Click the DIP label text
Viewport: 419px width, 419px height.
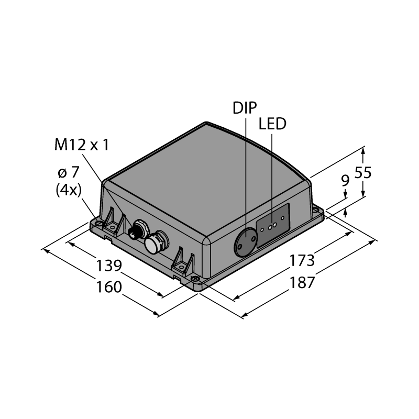tap(245, 108)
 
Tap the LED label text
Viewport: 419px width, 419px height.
tap(272, 124)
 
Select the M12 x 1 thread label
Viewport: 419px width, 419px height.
tap(82, 145)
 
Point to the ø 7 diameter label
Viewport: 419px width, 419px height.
tap(69, 173)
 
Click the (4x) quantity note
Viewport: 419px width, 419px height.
tap(69, 190)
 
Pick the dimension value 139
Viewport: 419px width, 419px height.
tap(109, 266)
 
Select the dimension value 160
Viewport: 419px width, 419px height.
tap(109, 287)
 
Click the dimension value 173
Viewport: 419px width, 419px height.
tap(302, 260)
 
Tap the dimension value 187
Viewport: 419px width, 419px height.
tap(302, 282)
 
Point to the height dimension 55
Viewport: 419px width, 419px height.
tap(363, 173)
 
